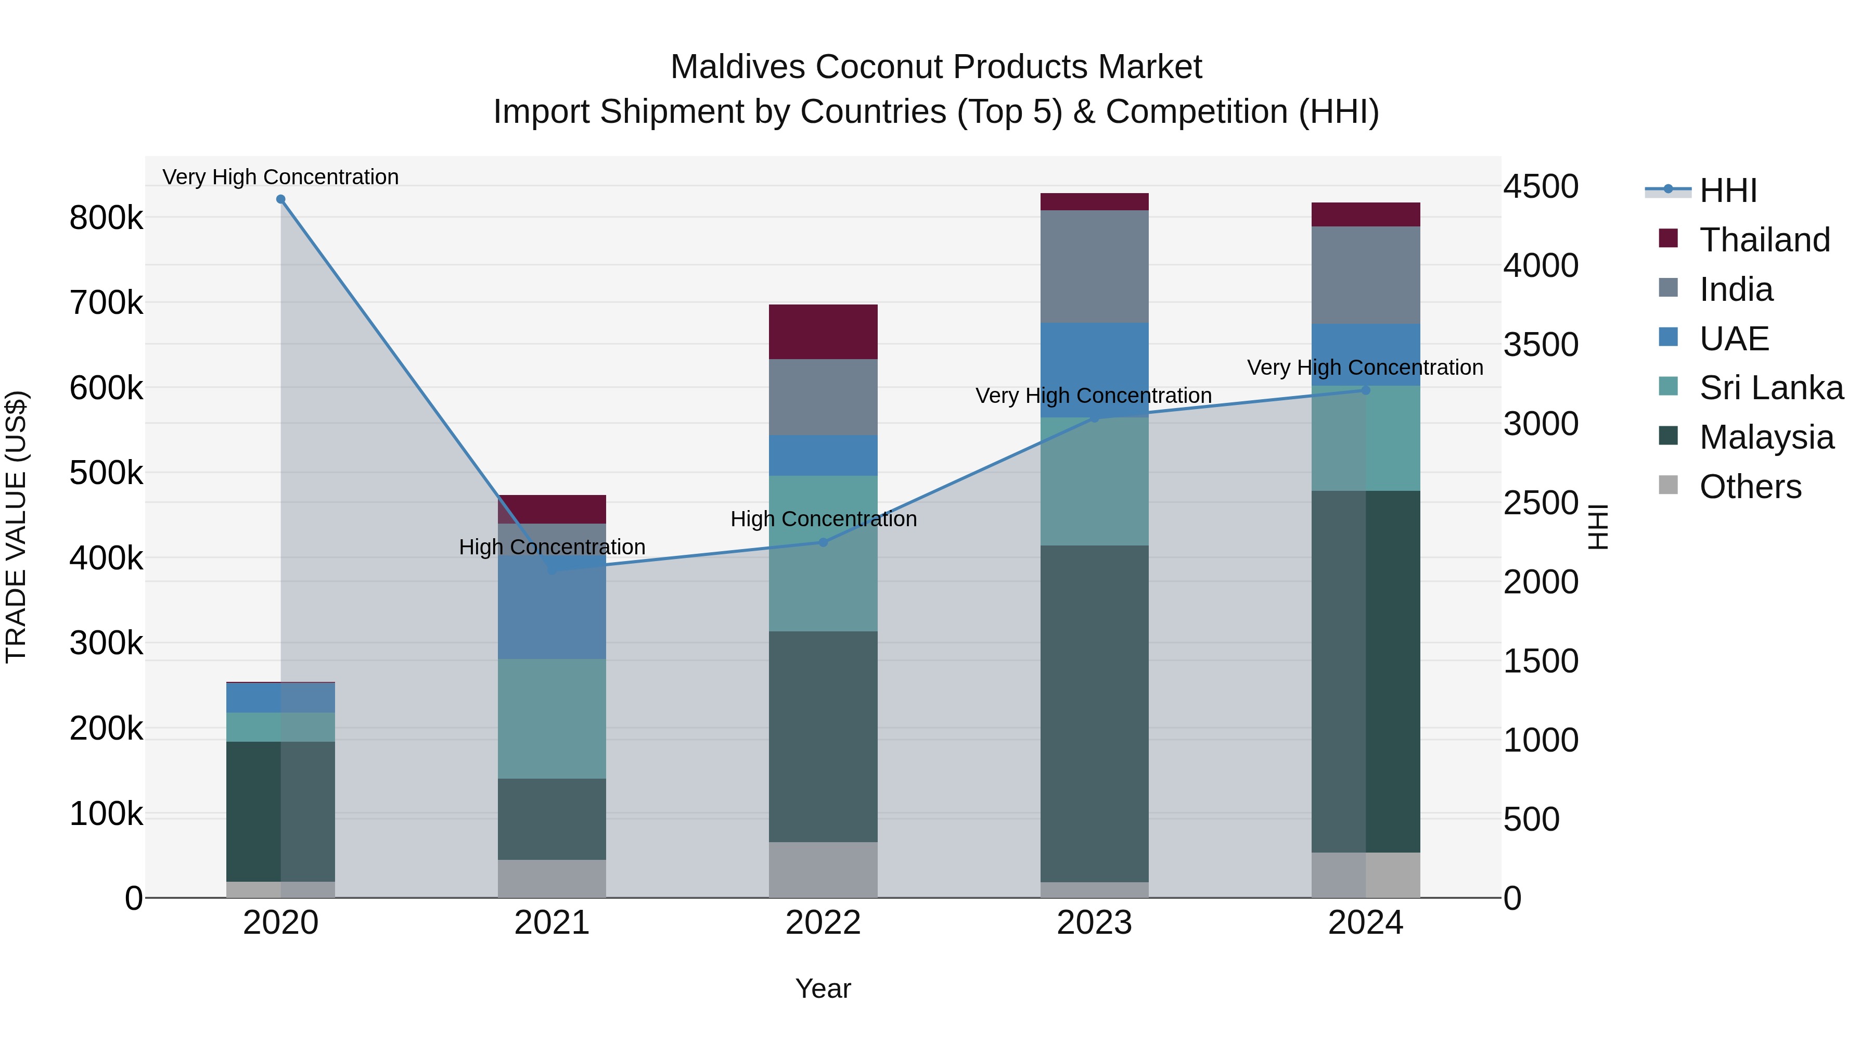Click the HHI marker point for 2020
pos(280,199)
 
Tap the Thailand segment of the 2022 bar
pos(823,332)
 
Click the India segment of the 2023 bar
pos(1094,266)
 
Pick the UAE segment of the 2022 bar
pos(823,455)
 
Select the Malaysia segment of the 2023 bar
pos(1094,713)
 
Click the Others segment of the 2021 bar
pos(552,878)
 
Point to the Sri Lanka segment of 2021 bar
pos(552,719)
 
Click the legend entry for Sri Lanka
pos(1771,388)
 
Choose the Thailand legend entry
pos(1764,240)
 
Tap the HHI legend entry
pos(1727,191)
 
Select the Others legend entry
pos(1749,487)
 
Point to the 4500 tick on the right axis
pos(1541,186)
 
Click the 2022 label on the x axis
pos(823,923)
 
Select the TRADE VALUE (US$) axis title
pos(16,527)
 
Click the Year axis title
pos(823,988)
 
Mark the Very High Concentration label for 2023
pos(1093,396)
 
